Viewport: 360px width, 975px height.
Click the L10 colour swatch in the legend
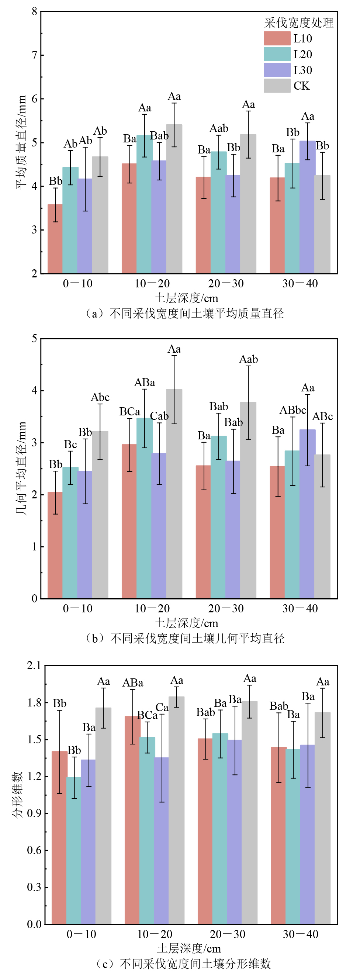click(x=277, y=39)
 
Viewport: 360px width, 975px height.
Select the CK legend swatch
click(x=277, y=86)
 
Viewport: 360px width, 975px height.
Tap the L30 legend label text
click(x=302, y=70)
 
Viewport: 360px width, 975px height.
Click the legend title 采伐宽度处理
click(x=299, y=23)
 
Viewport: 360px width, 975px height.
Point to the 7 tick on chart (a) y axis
click(x=34, y=56)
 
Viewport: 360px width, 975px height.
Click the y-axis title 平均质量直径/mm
click(x=21, y=142)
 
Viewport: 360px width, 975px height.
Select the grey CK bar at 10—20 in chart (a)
click(x=174, y=199)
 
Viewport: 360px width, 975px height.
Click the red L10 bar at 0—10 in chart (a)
click(x=55, y=238)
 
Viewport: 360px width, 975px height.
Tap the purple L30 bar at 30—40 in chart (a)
click(x=307, y=207)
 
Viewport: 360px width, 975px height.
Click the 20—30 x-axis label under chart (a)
click(x=226, y=283)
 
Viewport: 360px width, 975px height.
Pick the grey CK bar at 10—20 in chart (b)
click(x=174, y=494)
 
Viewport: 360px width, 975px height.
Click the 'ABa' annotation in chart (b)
click(x=145, y=383)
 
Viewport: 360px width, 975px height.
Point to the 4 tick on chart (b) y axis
click(x=34, y=391)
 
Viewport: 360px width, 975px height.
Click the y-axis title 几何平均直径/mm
click(x=21, y=469)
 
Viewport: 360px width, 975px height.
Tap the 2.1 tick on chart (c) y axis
click(x=34, y=666)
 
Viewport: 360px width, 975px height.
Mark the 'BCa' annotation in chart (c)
click(x=147, y=715)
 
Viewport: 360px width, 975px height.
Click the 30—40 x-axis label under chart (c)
click(x=301, y=934)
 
